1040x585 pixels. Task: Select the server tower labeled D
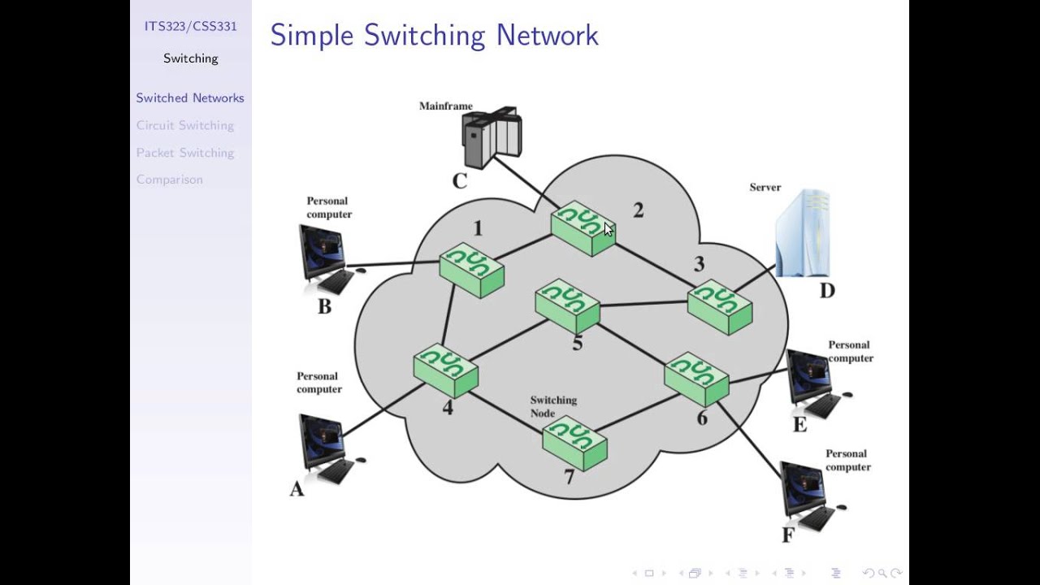[803, 233]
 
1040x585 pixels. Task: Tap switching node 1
[471, 270]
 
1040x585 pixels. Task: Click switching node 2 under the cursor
[583, 228]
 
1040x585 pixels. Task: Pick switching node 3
[719, 306]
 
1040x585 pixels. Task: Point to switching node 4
[445, 370]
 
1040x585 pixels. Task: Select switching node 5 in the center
[567, 305]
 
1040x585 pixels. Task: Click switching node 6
[696, 378]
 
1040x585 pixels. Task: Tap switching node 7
[574, 442]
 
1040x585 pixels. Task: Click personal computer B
[326, 258]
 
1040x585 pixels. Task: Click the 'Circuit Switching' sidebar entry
[185, 125]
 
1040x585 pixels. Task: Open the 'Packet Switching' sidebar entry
[185, 153]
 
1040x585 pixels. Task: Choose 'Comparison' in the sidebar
[170, 180]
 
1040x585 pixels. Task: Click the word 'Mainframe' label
[445, 106]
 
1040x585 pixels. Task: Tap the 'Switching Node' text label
[553, 406]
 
